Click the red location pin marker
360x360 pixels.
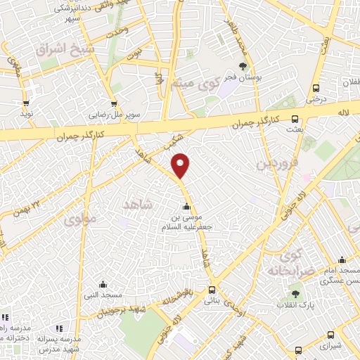click(x=181, y=165)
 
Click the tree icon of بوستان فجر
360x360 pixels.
click(x=243, y=67)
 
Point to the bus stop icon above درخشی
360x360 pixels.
click(x=316, y=89)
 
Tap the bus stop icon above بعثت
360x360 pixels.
click(x=295, y=119)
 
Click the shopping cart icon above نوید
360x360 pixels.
click(x=26, y=103)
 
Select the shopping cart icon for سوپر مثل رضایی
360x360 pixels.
click(x=113, y=103)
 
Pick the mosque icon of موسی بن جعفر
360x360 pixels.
click(x=186, y=207)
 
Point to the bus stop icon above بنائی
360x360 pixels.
click(x=212, y=290)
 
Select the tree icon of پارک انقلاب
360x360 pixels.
click(x=294, y=295)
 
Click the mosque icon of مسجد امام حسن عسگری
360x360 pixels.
click(x=342, y=259)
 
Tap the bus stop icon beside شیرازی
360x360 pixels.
click(x=299, y=349)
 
